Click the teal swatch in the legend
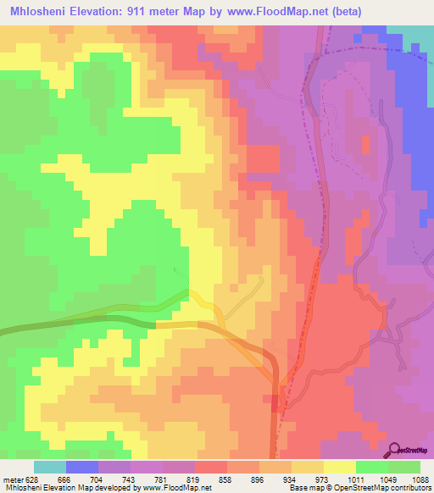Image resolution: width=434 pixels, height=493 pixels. [x=50, y=467]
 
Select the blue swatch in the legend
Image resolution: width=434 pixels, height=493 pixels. [x=82, y=467]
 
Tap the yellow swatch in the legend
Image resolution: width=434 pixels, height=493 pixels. [x=339, y=467]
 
